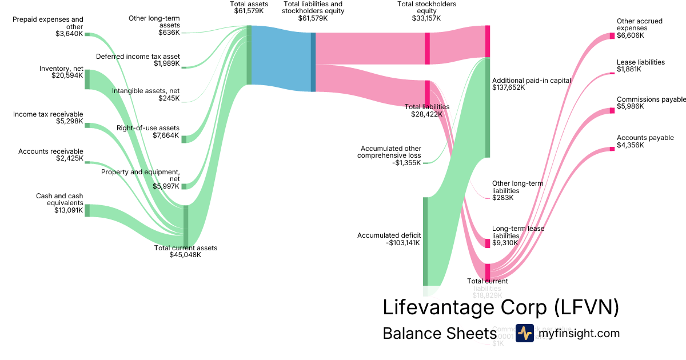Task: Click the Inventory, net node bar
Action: [87, 79]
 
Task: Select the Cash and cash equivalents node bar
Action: [87, 210]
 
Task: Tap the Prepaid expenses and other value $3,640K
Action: [67, 34]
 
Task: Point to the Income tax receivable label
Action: [48, 114]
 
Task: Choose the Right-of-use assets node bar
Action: [184, 139]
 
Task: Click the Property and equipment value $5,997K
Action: [166, 186]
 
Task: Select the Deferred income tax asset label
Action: [138, 57]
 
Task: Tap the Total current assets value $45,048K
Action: [185, 255]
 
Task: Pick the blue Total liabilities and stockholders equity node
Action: [313, 62]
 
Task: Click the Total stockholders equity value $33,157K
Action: [426, 18]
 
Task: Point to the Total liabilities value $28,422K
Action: [427, 114]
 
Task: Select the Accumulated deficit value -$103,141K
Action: [403, 243]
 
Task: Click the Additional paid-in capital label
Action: [532, 81]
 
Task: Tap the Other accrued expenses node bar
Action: [612, 35]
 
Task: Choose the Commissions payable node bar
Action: [612, 110]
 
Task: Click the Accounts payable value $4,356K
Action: [630, 145]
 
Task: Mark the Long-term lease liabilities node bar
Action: [488, 243]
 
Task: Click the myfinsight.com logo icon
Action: [525, 333]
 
